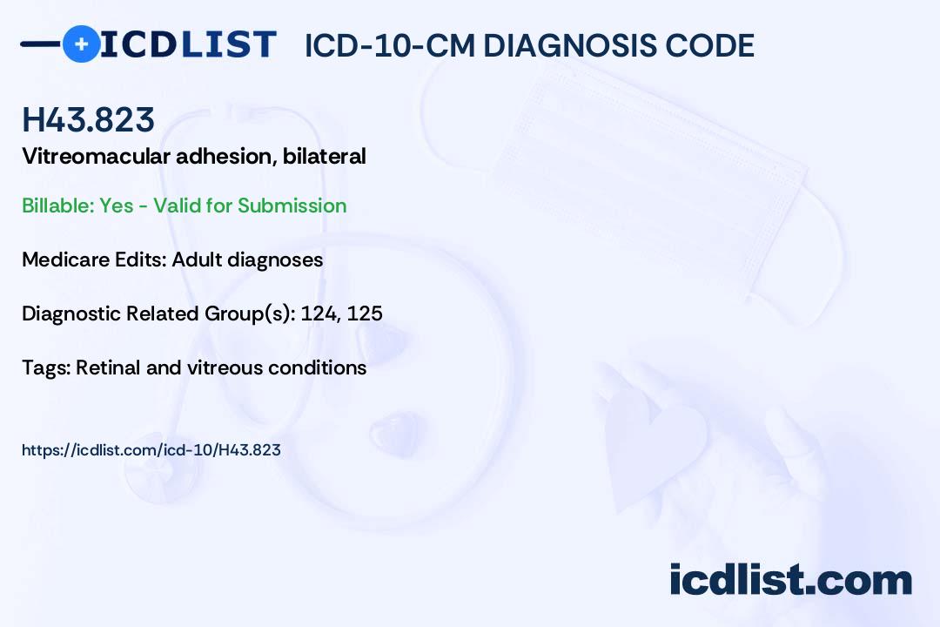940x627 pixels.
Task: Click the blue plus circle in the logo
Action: click(x=81, y=44)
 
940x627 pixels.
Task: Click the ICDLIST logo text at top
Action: click(x=188, y=44)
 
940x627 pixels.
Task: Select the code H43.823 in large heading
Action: click(x=89, y=119)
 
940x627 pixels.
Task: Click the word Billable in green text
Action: click(x=57, y=206)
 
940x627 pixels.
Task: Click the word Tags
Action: click(x=44, y=367)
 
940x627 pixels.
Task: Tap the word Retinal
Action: click(x=108, y=367)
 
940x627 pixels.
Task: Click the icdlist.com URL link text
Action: click(x=151, y=450)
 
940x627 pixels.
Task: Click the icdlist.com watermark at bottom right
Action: click(x=790, y=580)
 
